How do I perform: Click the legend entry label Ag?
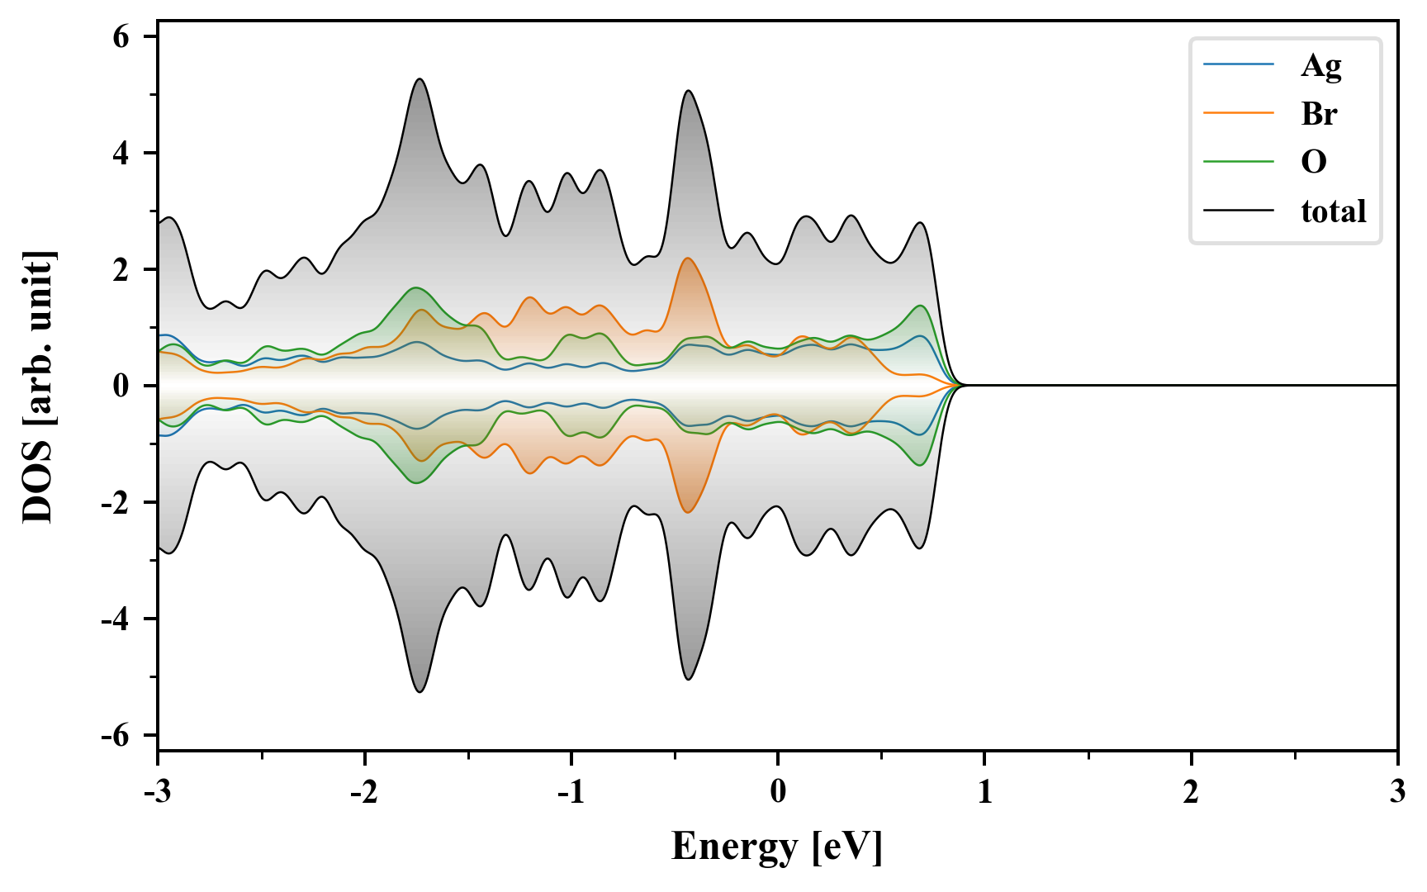click(1320, 65)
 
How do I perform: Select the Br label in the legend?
click(1319, 113)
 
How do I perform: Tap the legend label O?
click(1314, 161)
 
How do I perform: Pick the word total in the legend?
click(1334, 211)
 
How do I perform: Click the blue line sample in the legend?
click(1239, 64)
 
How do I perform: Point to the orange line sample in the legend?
click(1239, 112)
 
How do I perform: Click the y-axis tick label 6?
click(122, 37)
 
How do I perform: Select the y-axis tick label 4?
click(122, 154)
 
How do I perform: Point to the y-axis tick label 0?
click(122, 386)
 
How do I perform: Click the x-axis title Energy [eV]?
click(777, 847)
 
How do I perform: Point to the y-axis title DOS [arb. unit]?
click(38, 386)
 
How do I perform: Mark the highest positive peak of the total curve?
click(420, 79)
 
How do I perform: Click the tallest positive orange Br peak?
click(687, 259)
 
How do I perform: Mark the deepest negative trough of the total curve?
click(420, 691)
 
